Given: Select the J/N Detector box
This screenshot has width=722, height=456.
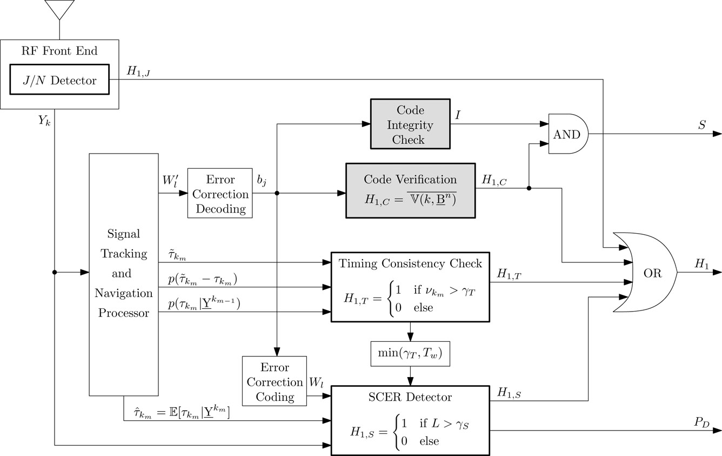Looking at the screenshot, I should click(60, 81).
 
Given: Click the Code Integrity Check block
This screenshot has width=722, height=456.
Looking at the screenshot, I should click(410, 124).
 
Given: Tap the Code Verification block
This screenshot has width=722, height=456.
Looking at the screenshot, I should click(410, 190).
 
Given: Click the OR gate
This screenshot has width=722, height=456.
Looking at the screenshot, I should click(646, 273).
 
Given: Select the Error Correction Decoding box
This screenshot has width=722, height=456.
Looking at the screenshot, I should click(220, 194).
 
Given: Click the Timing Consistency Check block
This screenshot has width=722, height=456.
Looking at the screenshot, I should click(410, 286).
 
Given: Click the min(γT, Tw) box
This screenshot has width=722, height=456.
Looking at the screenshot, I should click(410, 354).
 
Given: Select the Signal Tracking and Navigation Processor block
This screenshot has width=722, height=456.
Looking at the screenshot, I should click(124, 274).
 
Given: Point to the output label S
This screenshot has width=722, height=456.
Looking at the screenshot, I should click(701, 125).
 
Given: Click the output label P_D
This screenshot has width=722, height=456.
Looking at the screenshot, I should click(701, 422).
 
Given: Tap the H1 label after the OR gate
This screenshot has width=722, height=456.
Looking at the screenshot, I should click(701, 263).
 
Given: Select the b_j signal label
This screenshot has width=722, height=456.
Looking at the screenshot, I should click(262, 181).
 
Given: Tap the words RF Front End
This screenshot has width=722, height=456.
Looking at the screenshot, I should click(59, 51).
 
